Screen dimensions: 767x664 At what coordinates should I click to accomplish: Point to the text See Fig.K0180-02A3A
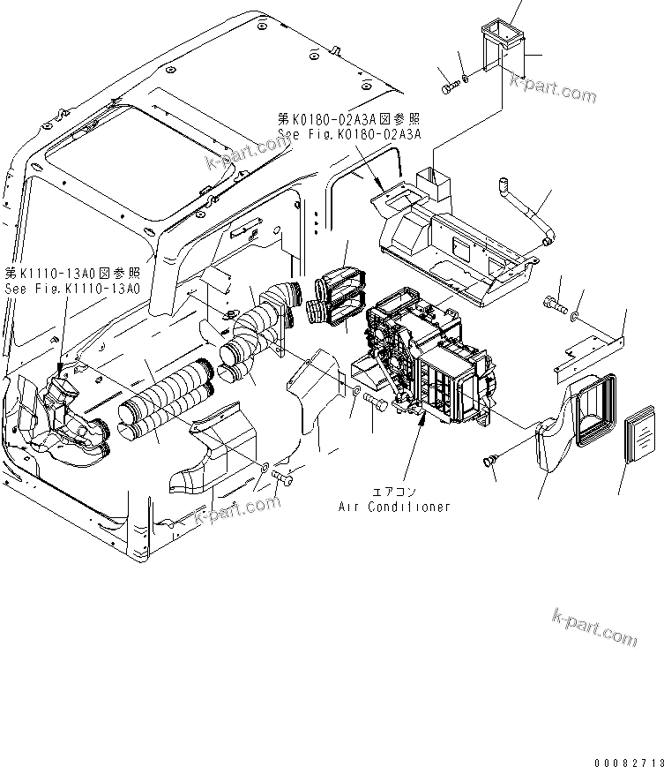coord(349,133)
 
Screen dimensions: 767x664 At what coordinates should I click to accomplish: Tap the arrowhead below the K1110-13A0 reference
coord(61,365)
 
